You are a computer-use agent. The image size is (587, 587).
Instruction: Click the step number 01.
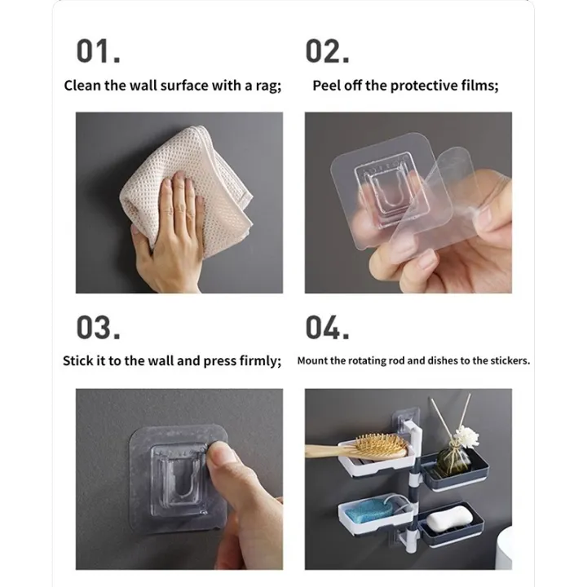click(x=98, y=51)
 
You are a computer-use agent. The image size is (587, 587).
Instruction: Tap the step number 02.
click(x=327, y=51)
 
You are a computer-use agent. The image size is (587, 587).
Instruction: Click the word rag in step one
click(x=268, y=86)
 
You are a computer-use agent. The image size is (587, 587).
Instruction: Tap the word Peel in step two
click(x=327, y=86)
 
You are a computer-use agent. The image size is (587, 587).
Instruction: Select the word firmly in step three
click(x=259, y=360)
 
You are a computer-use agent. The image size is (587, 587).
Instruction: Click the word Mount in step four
click(x=313, y=360)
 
